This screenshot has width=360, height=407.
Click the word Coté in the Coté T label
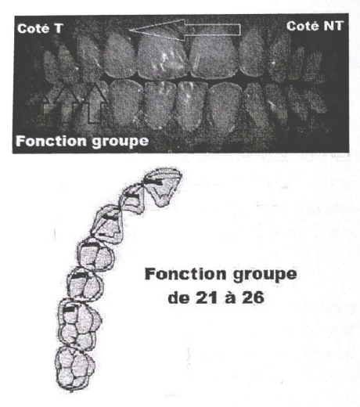(33, 28)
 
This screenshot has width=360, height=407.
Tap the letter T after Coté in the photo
(59, 29)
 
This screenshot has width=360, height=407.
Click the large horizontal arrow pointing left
(185, 30)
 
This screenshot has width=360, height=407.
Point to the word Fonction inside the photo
(51, 141)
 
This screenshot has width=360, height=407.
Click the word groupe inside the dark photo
(121, 142)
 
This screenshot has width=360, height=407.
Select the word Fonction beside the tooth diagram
(185, 274)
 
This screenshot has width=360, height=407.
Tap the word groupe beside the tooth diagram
(265, 276)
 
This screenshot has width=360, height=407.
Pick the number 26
(253, 298)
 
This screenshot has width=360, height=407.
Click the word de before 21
(178, 298)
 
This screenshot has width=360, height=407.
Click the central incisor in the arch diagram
(163, 186)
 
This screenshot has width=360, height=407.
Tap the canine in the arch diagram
(107, 224)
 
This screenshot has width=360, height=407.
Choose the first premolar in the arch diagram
(95, 254)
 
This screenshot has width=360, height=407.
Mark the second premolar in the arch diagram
(85, 284)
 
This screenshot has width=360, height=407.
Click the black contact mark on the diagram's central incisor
(154, 182)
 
